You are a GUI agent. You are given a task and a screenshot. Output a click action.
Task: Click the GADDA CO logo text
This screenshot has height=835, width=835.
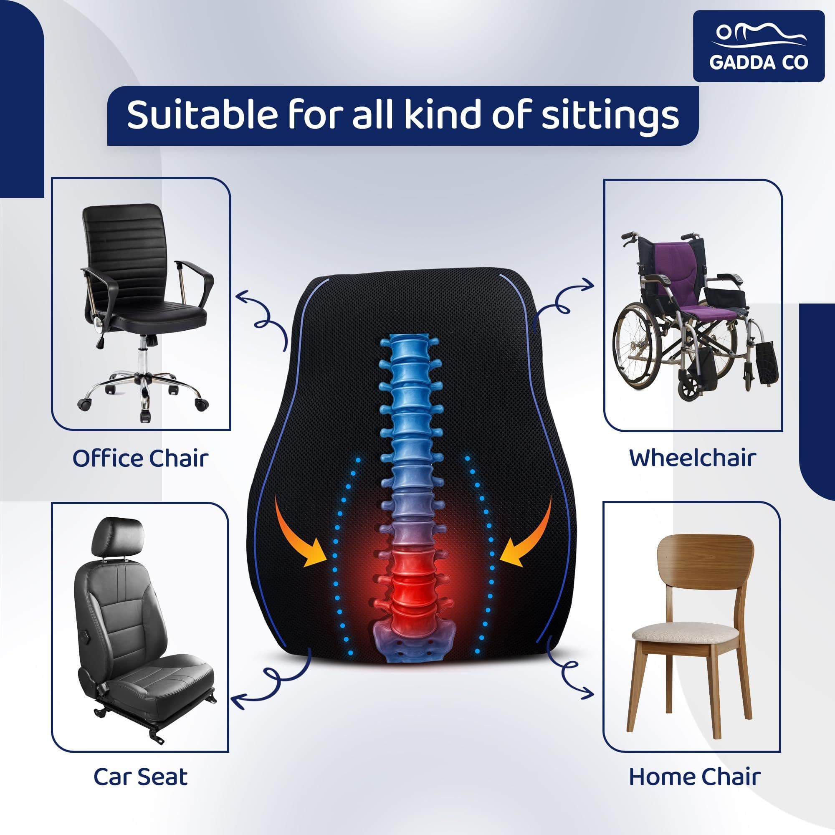click(x=759, y=62)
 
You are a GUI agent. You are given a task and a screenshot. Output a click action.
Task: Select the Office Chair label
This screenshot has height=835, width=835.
click(x=140, y=458)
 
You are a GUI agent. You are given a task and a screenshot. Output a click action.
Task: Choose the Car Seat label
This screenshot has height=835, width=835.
click(x=140, y=777)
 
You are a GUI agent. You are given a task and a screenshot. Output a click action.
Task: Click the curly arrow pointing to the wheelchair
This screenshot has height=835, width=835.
click(x=562, y=303)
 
